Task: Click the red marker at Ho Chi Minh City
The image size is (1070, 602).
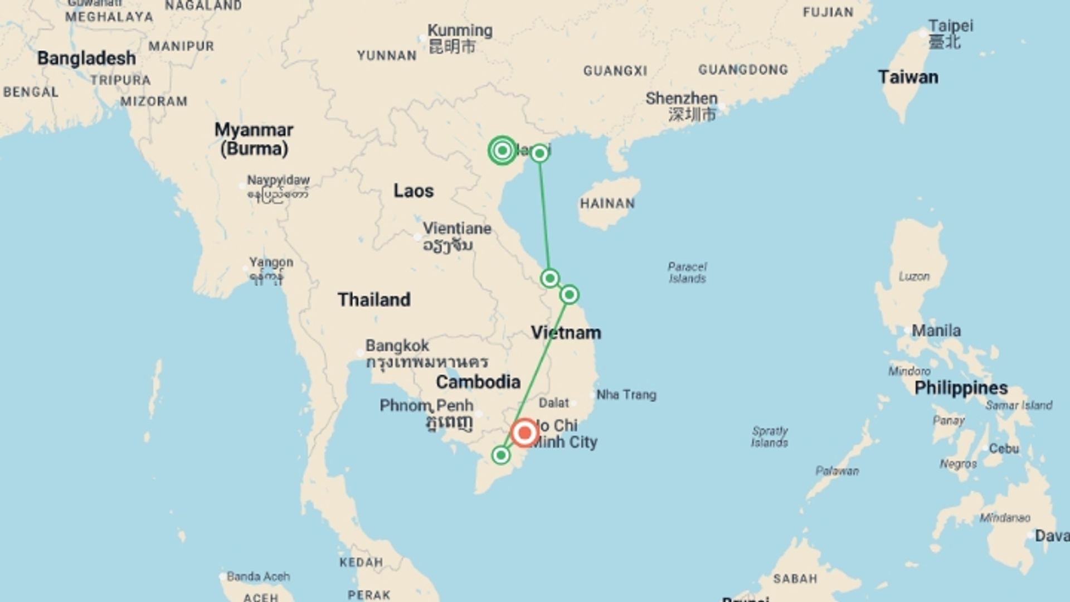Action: (524, 433)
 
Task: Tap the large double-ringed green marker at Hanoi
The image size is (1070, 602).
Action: (502, 151)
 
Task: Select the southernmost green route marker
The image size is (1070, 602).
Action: (500, 455)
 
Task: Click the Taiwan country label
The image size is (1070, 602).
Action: (908, 77)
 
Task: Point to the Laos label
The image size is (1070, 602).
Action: (413, 191)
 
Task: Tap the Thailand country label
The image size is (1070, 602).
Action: (374, 299)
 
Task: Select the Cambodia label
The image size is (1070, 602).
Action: (478, 382)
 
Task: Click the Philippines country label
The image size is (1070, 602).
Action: (961, 388)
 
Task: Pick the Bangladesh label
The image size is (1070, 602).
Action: (86, 58)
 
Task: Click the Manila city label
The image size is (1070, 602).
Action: (936, 331)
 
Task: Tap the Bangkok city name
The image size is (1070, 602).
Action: (397, 346)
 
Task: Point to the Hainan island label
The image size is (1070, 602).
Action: (607, 203)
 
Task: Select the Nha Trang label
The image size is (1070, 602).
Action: (626, 395)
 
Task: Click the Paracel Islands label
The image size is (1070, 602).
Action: (687, 273)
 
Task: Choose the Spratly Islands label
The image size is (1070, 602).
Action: (769, 436)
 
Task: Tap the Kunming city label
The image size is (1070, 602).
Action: (460, 31)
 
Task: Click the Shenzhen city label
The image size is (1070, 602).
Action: (681, 99)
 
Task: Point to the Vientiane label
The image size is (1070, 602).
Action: (457, 229)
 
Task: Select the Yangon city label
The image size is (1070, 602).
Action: (271, 262)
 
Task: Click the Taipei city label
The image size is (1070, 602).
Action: (951, 26)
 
